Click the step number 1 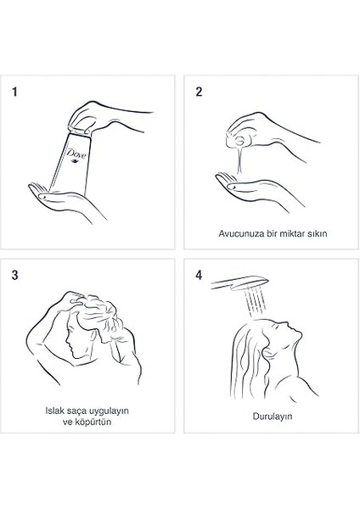coord(14,92)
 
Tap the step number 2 coord(199,92)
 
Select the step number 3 coord(15,275)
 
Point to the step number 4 coord(199,275)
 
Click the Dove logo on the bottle coord(76,154)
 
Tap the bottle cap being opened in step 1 coord(79,131)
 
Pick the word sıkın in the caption coord(318,234)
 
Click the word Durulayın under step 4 coord(273,417)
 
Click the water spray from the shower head coord(255,300)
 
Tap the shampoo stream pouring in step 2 coord(239,159)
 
